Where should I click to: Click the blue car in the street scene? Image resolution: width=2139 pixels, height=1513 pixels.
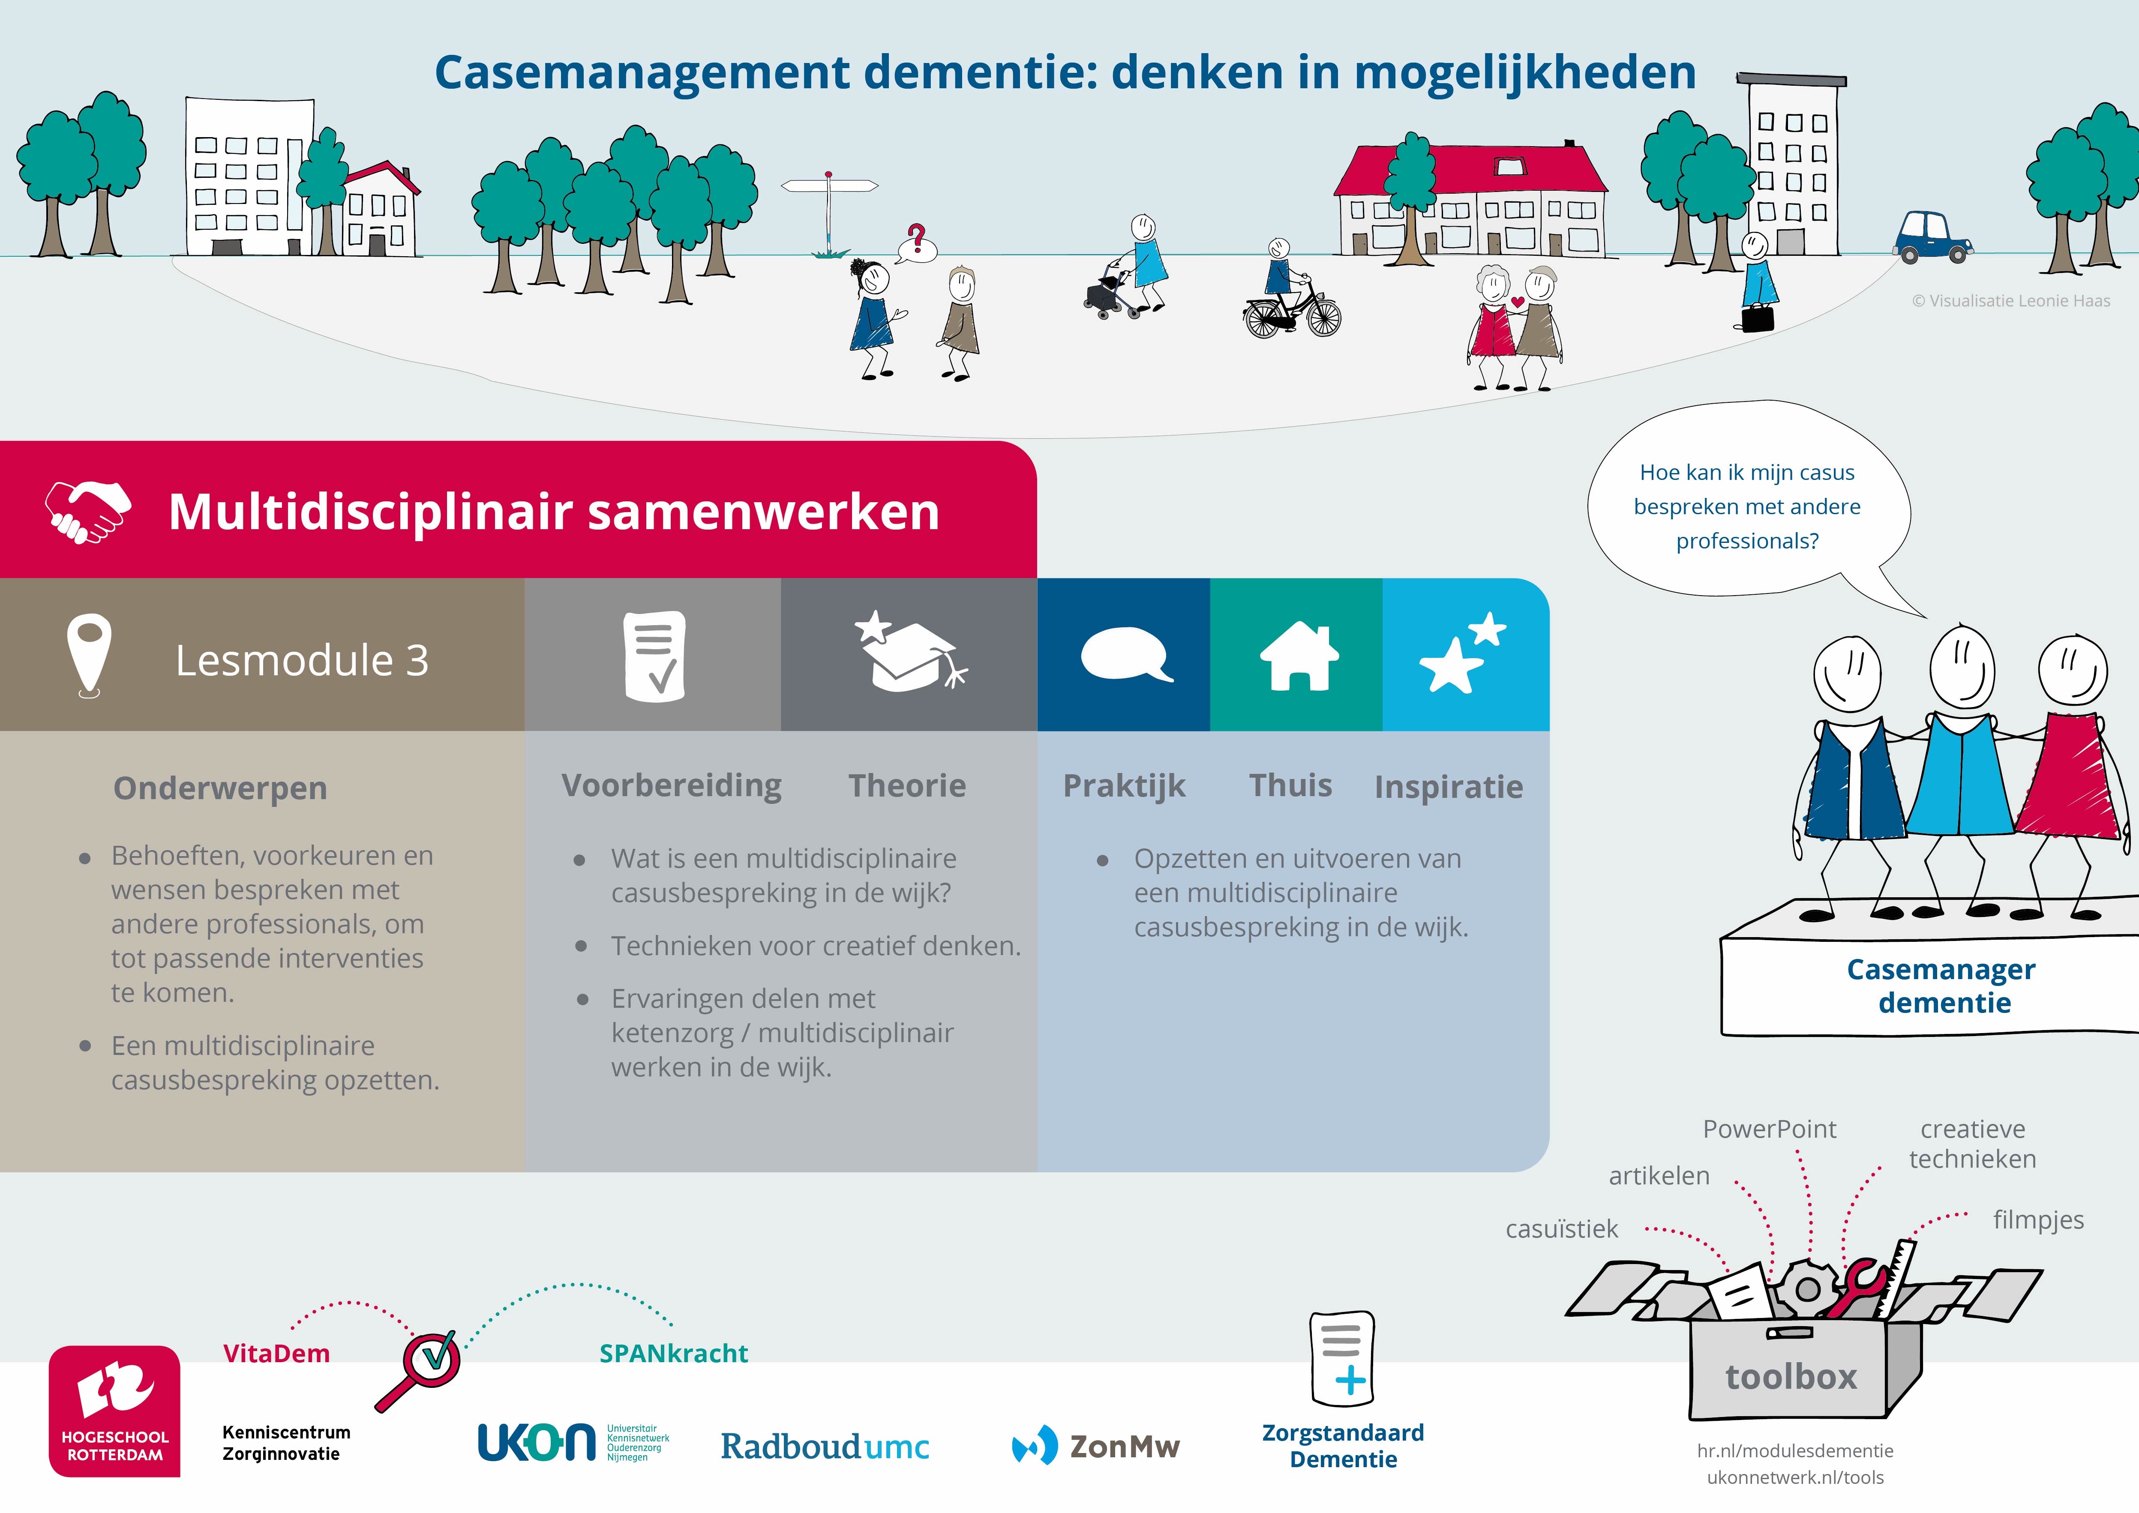click(1931, 237)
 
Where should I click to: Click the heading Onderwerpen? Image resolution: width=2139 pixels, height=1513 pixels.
click(220, 788)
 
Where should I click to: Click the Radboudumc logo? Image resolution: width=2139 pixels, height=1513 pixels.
click(825, 1446)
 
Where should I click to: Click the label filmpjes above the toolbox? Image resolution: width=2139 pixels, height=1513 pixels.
click(2037, 1219)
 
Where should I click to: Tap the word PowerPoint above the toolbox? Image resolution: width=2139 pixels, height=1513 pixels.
click(1769, 1129)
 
